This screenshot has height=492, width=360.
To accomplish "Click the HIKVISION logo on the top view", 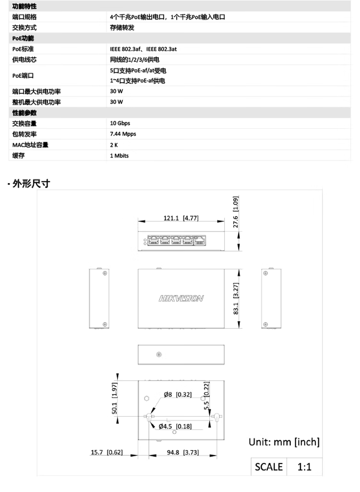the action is click(x=181, y=298).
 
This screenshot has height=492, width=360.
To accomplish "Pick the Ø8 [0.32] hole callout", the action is click(x=178, y=394).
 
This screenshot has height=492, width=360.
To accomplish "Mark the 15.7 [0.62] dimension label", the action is click(x=107, y=452).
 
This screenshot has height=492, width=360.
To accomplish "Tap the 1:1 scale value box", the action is click(x=304, y=467).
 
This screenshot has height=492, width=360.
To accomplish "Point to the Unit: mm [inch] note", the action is click(x=284, y=442).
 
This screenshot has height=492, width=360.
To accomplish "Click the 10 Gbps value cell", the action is click(x=120, y=123).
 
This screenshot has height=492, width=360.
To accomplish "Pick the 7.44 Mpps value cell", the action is click(x=123, y=134).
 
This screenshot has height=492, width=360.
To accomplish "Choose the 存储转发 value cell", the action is click(x=122, y=27).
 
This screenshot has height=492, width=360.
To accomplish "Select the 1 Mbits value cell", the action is click(x=120, y=156).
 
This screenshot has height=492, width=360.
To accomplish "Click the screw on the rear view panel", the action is click(x=159, y=355).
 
